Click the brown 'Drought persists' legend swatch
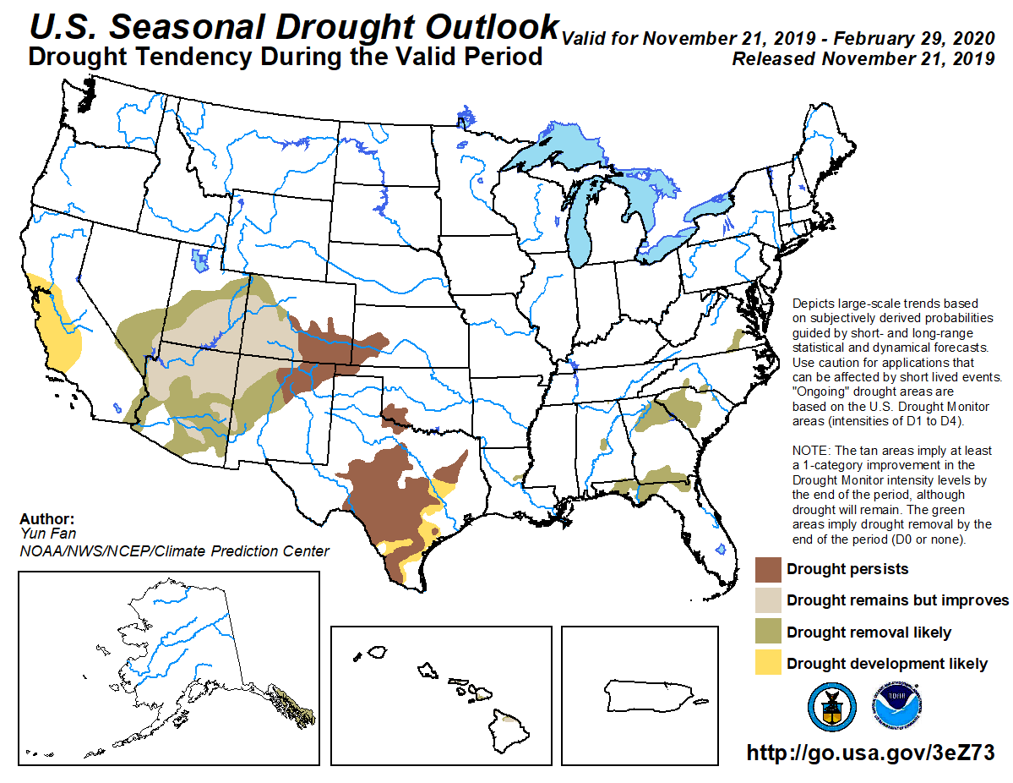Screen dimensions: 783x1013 [767, 569]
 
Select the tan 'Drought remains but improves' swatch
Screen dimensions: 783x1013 [767, 600]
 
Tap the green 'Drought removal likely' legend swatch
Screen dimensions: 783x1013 [767, 632]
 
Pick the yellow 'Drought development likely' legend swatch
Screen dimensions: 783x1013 [767, 663]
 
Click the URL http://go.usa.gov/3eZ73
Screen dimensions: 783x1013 [869, 753]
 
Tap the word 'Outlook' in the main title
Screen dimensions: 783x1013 [484, 26]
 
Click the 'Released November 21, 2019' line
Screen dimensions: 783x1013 [863, 59]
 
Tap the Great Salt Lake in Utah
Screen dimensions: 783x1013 [200, 260]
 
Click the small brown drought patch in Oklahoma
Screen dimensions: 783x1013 [394, 416]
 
